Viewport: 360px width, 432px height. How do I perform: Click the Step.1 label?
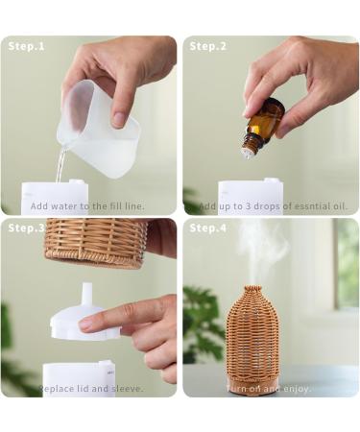point(27,46)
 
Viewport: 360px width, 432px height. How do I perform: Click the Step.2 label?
point(208,46)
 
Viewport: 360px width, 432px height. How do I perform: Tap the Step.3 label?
point(27,228)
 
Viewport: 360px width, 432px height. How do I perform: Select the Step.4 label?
point(208,228)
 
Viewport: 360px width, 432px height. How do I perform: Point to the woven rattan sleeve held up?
point(96,242)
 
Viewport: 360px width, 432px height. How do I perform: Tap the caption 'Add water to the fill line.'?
point(87,206)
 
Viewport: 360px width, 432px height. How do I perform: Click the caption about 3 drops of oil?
point(273,206)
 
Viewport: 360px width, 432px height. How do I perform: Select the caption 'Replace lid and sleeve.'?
point(91,389)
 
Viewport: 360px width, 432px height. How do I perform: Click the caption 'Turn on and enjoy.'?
point(269,389)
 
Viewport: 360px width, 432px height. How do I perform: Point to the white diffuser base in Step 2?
point(250,192)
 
